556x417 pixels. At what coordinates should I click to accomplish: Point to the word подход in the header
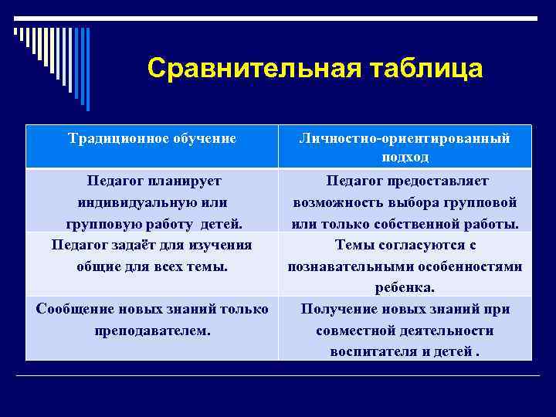click(405, 158)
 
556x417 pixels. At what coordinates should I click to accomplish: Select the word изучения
click(219, 246)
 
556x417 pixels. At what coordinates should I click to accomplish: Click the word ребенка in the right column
click(405, 288)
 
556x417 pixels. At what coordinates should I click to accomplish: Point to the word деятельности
click(451, 331)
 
